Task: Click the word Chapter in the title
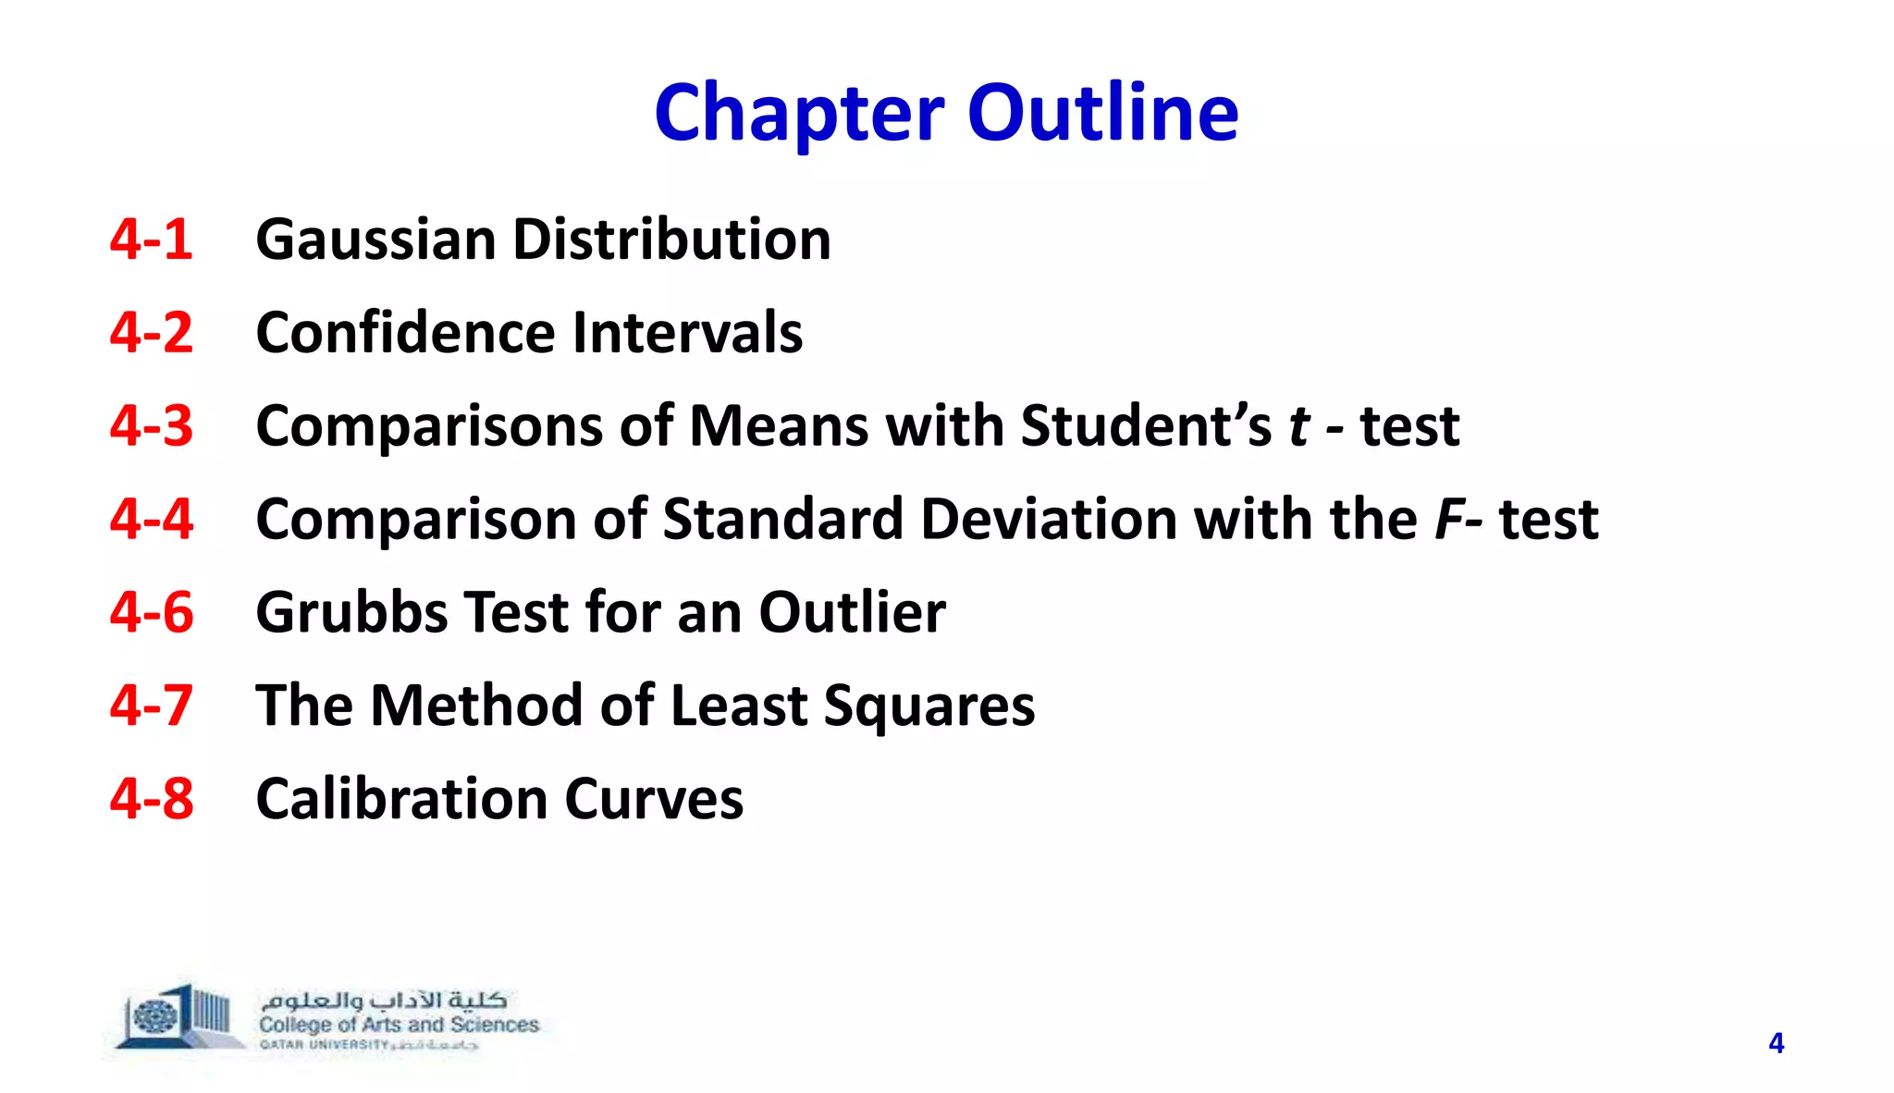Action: [x=799, y=113]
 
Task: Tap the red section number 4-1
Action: [x=151, y=239]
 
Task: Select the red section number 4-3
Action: [x=151, y=426]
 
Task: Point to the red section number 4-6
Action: [x=151, y=612]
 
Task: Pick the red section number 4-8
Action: [x=151, y=799]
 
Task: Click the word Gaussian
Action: [x=375, y=239]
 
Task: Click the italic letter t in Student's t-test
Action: [x=1299, y=426]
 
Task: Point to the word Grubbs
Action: [x=351, y=612]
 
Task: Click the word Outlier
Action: [x=852, y=612]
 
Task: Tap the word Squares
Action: [x=929, y=706]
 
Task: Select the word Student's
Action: [x=1146, y=426]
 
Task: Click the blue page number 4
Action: [x=1776, y=1043]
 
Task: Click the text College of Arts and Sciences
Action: [x=399, y=1025]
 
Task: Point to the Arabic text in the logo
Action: [x=383, y=1001]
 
